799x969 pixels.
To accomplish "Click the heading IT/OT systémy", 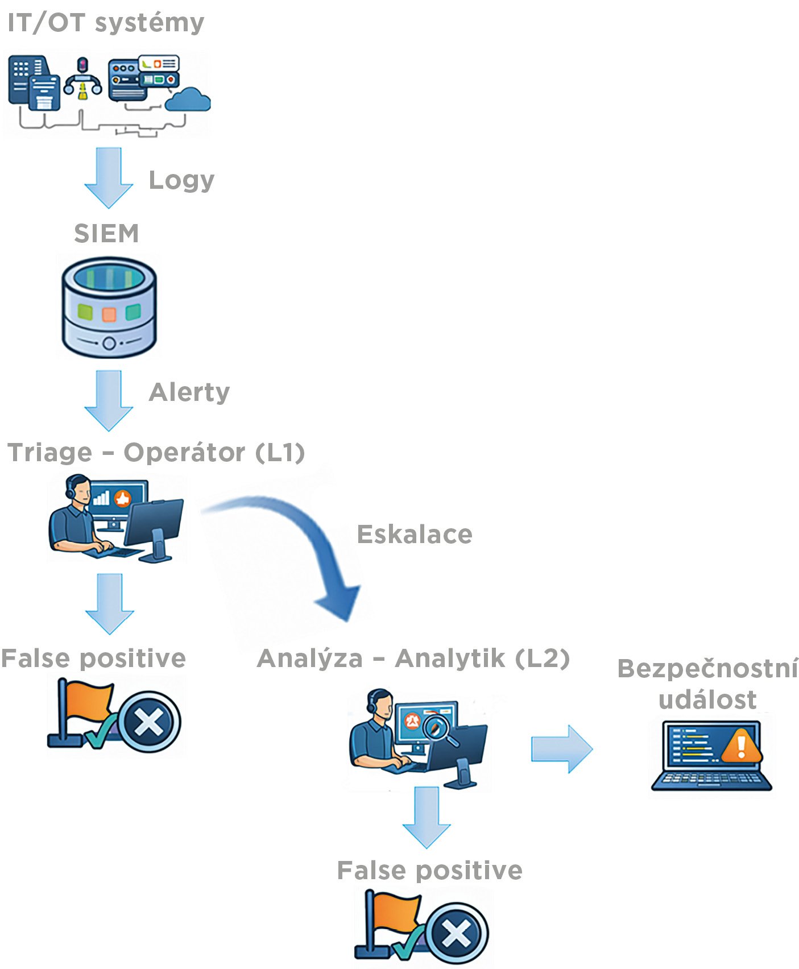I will (x=106, y=23).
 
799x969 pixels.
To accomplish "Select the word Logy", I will (x=181, y=180).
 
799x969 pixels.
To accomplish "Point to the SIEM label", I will (x=106, y=234).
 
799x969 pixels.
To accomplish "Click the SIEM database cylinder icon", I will (x=109, y=307).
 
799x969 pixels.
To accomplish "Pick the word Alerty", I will (x=189, y=392).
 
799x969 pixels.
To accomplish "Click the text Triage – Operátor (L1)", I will (x=156, y=453).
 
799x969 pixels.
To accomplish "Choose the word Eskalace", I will (x=415, y=535).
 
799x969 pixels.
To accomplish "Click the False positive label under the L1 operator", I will (x=93, y=659).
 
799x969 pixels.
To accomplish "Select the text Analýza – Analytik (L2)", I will (x=413, y=659).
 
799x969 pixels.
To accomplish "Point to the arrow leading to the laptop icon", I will (x=561, y=749).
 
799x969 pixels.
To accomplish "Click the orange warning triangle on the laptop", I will (x=741, y=746).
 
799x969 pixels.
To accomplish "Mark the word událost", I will (x=707, y=699).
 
